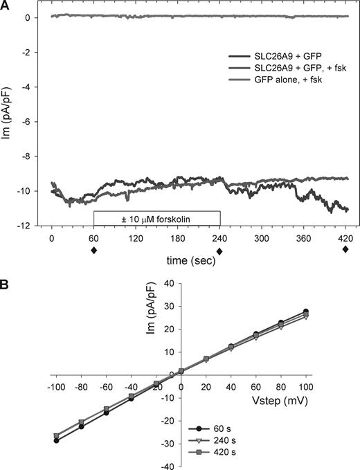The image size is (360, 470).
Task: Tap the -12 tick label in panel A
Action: coord(32,226)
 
